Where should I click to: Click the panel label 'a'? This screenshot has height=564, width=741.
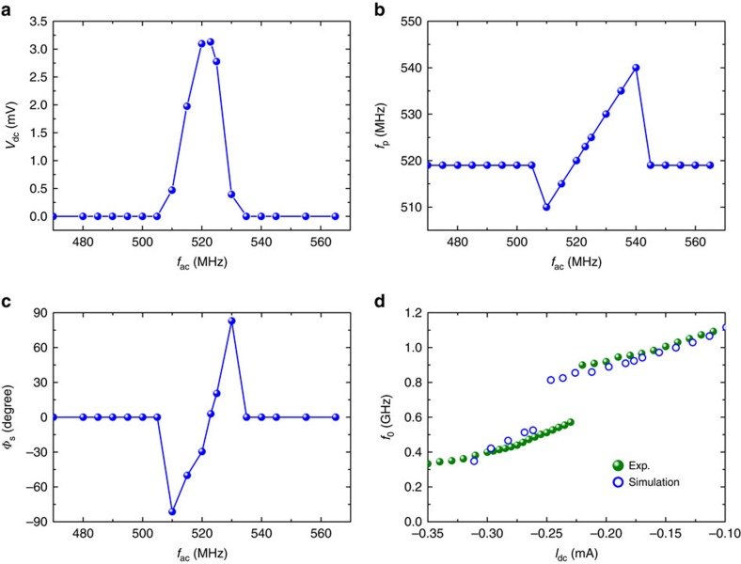pyautogui.click(x=8, y=9)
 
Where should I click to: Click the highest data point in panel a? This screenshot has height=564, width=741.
pyautogui.click(x=211, y=42)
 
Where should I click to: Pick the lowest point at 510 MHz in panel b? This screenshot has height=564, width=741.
pyautogui.click(x=545, y=207)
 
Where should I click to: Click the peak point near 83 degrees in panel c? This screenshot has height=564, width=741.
pyautogui.click(x=231, y=321)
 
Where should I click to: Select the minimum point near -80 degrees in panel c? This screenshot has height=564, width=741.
pyautogui.click(x=172, y=512)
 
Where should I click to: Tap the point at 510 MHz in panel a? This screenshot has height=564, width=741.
pyautogui.click(x=172, y=190)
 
